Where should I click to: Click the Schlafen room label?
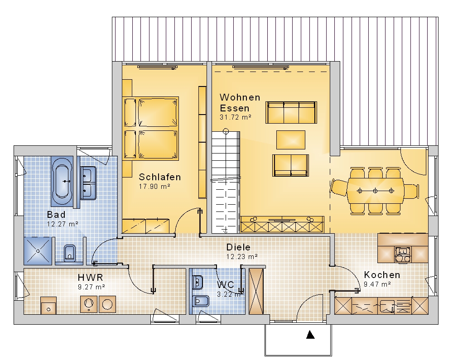tap(160, 177)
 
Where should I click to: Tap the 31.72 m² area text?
tap(236, 117)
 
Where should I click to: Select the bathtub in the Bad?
tap(63, 181)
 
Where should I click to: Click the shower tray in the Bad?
tap(38, 251)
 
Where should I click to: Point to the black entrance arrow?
tap(310, 335)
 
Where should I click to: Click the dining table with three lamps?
tap(375, 191)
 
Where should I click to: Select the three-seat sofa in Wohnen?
tap(291, 112)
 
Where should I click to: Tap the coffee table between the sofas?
tap(291, 140)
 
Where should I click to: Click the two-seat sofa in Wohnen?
tap(291, 165)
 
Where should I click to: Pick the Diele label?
tap(238, 247)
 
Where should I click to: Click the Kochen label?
tap(382, 274)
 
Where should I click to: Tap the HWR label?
tap(91, 278)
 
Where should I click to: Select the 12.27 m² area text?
tap(63, 224)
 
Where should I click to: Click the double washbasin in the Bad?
tap(88, 183)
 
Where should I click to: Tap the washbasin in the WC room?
tap(198, 283)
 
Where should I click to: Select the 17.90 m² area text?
tap(154, 187)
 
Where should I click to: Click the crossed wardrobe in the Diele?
tap(256, 291)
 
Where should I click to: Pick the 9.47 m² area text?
tap(377, 284)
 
